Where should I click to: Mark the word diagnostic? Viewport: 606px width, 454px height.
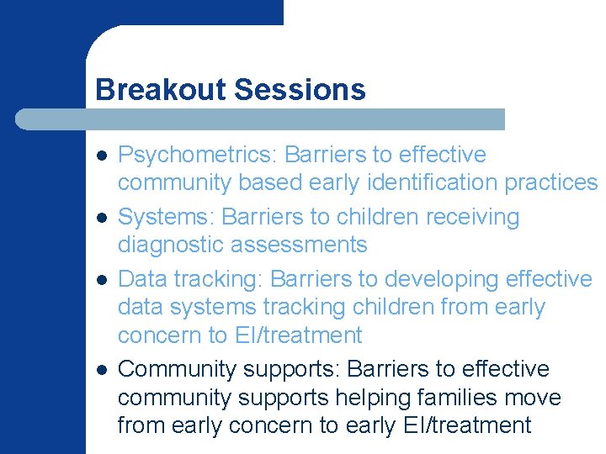coord(173,245)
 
